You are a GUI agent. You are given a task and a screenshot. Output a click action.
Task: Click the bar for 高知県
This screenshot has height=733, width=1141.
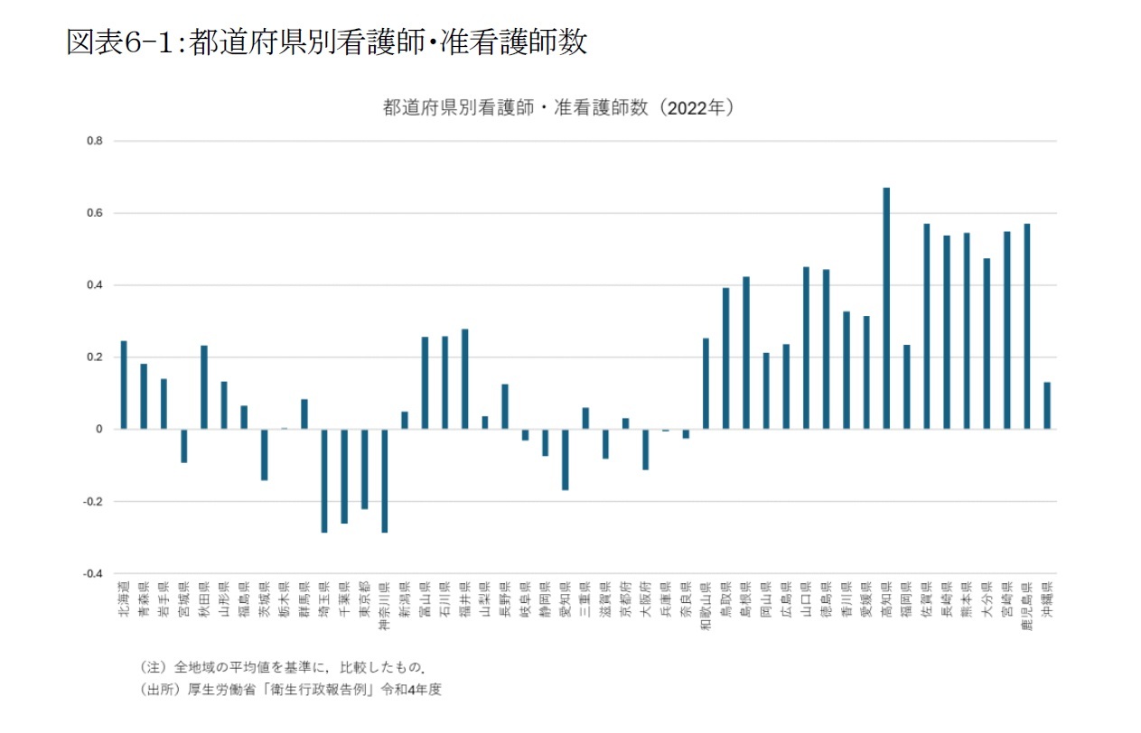[x=886, y=308]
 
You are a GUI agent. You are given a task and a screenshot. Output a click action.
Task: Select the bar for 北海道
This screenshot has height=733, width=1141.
[x=124, y=385]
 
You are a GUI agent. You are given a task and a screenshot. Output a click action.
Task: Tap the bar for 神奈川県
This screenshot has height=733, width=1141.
[x=385, y=480]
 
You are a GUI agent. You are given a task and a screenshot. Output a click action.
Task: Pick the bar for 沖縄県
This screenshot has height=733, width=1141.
[x=1047, y=405]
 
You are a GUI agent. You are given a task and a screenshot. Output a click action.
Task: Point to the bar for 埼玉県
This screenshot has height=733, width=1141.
[x=324, y=480]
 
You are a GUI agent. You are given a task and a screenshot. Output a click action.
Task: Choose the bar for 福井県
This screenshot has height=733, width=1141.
[x=465, y=379]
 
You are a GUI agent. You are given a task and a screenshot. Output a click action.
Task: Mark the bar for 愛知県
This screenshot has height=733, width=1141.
[x=566, y=459]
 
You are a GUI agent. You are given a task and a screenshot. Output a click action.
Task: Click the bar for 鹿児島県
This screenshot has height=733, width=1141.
[x=1027, y=326]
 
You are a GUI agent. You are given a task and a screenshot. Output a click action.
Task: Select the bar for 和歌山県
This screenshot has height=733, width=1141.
[x=706, y=384]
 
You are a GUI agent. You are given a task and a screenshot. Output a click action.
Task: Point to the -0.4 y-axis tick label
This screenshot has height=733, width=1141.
[x=94, y=573]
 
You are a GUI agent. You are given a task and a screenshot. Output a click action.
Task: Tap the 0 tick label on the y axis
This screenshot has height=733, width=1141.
[x=99, y=430]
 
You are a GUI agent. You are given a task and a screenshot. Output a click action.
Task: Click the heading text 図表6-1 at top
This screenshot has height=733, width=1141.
[x=326, y=42]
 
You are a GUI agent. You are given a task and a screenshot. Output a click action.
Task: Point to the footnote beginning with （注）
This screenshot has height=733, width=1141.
[x=283, y=667]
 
